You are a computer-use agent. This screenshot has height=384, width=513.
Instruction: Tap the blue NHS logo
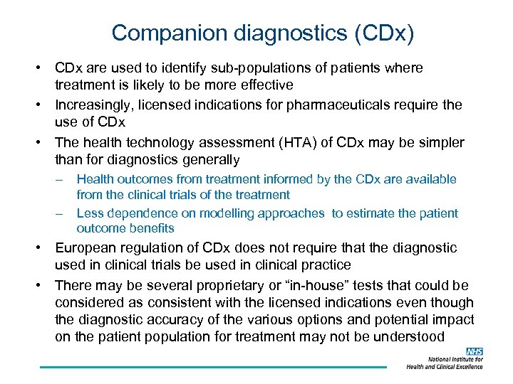coord(474,352)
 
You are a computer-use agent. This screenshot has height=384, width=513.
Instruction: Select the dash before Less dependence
coord(61,213)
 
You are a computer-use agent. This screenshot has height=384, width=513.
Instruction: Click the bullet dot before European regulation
coord(41,248)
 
